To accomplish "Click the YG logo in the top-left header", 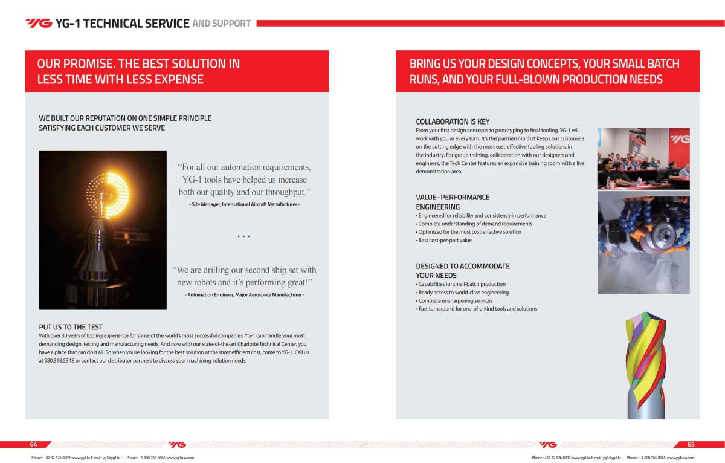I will (x=39, y=24).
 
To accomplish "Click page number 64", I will (x=34, y=444).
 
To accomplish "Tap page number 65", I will (x=691, y=444).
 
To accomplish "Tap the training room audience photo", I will (x=648, y=158).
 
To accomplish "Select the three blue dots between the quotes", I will (x=244, y=236).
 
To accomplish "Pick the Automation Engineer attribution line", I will (x=244, y=294).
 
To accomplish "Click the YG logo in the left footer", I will (x=177, y=444).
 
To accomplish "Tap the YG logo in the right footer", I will (x=547, y=444).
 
